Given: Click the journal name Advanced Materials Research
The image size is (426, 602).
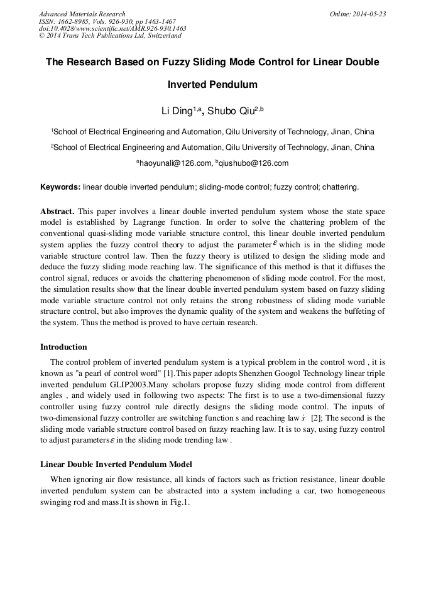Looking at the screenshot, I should [x=82, y=14].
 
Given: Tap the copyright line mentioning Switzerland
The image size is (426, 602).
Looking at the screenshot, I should [x=110, y=36].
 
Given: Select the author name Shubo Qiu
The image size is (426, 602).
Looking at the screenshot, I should [x=232, y=111].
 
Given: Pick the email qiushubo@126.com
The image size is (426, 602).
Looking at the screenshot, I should [x=254, y=163].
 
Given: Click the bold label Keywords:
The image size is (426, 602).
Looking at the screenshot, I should [x=60, y=187].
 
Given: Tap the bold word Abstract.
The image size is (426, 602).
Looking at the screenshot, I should [x=58, y=212].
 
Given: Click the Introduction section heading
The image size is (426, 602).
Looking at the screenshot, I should [x=63, y=347].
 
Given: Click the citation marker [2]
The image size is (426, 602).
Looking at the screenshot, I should [x=317, y=418].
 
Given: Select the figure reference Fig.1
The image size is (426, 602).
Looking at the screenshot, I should [x=178, y=503].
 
